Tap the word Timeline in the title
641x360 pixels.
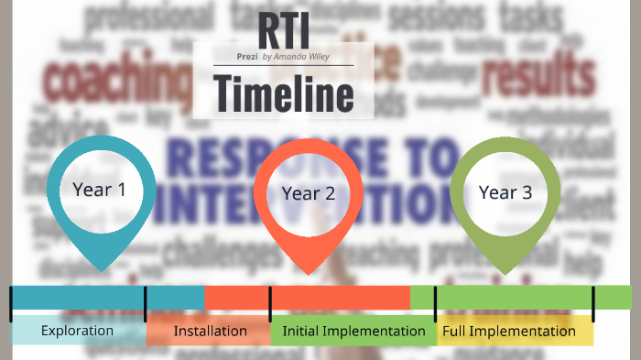pos(283,93)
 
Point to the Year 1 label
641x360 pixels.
pos(99,190)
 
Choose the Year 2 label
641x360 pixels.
pos(309,193)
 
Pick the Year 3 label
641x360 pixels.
pos(505,192)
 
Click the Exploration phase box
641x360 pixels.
pos(78,331)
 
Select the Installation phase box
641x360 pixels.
pos(210,331)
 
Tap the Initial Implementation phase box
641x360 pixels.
pos(353,331)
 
